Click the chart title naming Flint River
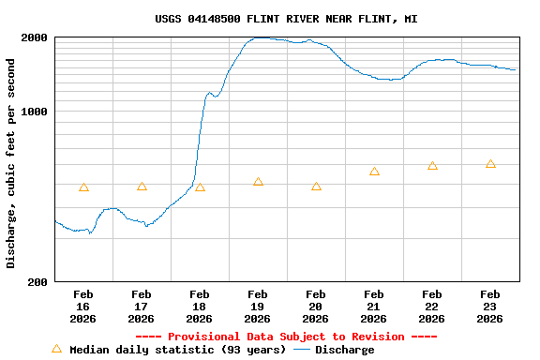pyautogui.click(x=286, y=19)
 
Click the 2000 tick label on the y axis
pyautogui.click(x=35, y=37)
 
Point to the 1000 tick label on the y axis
pyautogui.click(x=35, y=112)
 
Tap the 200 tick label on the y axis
pyautogui.click(x=38, y=281)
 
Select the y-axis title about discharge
pyautogui.click(x=11, y=163)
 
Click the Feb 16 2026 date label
pyautogui.click(x=82, y=307)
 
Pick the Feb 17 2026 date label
pyautogui.click(x=141, y=307)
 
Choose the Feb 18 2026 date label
pyautogui.click(x=199, y=307)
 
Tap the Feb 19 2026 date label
pyautogui.click(x=257, y=307)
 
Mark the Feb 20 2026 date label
pyautogui.click(x=315, y=307)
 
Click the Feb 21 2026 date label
pyautogui.click(x=373, y=307)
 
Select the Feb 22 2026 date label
pyautogui.click(x=431, y=307)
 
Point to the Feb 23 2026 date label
pyautogui.click(x=489, y=307)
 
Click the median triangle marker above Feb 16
pyautogui.click(x=83, y=187)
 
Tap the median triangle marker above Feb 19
pyautogui.click(x=258, y=182)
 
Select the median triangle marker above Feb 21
pyautogui.click(x=374, y=172)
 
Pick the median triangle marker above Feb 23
pyautogui.click(x=490, y=164)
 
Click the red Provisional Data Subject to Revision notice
pyautogui.click(x=286, y=337)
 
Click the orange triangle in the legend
pyautogui.click(x=56, y=349)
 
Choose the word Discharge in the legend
pyautogui.click(x=344, y=350)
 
